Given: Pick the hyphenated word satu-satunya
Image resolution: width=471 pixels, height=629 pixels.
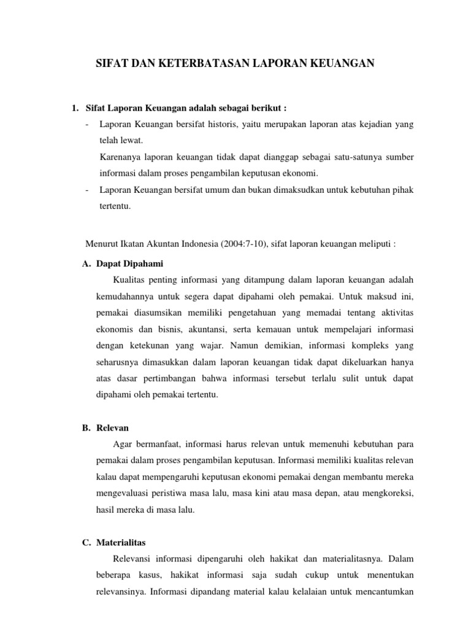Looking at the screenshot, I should click(x=350, y=157).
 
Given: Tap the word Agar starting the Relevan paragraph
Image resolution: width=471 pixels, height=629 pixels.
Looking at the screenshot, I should click(x=124, y=443).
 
